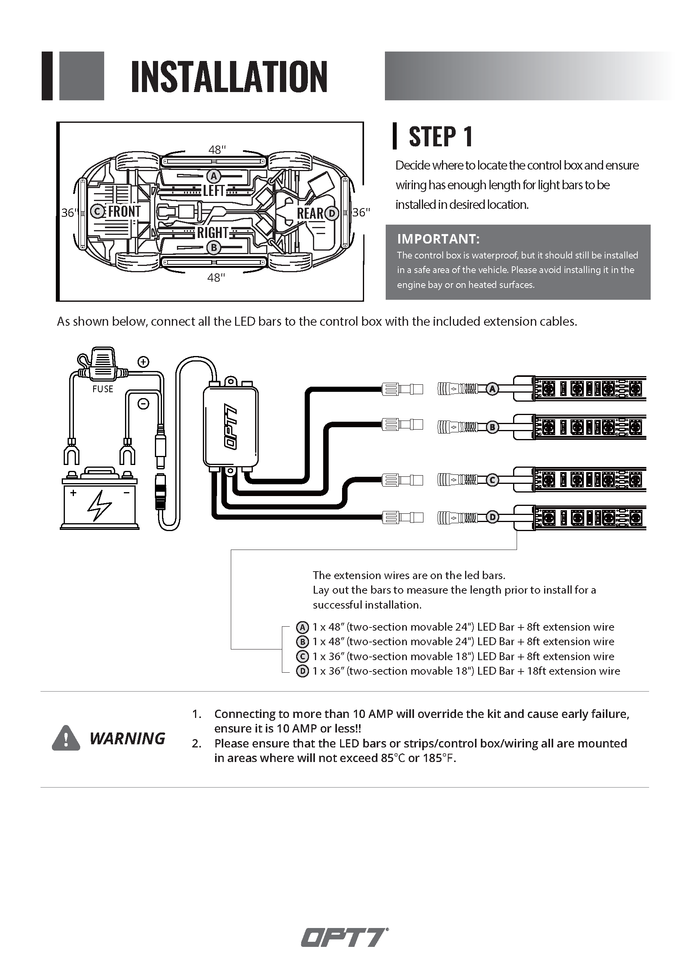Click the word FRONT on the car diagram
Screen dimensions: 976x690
(124, 211)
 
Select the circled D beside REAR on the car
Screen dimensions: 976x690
(332, 213)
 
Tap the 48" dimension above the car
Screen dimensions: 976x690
(217, 149)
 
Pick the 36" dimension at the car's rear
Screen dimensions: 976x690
(361, 212)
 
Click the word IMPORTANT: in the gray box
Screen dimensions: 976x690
(438, 239)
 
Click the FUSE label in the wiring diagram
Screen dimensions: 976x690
(103, 389)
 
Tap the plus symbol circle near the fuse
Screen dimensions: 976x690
(144, 362)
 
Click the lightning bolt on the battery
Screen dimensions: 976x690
(99, 506)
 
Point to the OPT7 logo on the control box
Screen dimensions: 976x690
(231, 427)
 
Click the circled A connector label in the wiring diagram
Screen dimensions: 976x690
(492, 389)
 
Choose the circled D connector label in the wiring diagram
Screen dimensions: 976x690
(492, 517)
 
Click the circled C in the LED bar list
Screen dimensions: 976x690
(302, 656)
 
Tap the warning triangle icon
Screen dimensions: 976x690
(66, 738)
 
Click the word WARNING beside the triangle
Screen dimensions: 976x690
(127, 739)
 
